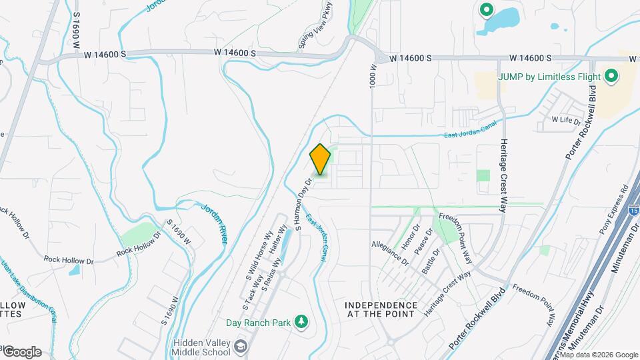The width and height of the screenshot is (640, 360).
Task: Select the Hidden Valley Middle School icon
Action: [240, 347]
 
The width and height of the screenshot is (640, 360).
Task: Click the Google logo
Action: [21, 352]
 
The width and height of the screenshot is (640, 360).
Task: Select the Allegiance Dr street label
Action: [389, 253]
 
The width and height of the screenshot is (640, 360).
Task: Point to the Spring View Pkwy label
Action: [316, 25]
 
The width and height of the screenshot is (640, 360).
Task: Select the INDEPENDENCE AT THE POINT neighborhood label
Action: [381, 309]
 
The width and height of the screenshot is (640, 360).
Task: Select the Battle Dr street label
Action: [431, 259]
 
